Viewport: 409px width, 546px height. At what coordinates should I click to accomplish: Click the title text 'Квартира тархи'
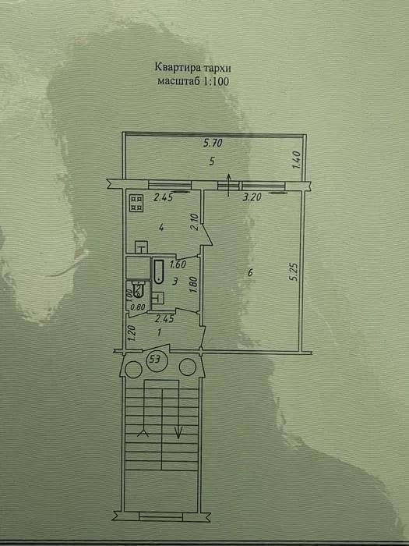[192, 67]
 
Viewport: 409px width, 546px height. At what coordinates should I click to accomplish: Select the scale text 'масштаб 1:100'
[193, 81]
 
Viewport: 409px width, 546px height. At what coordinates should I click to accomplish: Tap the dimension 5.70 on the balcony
[213, 143]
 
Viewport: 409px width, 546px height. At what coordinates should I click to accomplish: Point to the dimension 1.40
[296, 160]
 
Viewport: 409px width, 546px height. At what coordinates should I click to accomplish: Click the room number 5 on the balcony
[212, 161]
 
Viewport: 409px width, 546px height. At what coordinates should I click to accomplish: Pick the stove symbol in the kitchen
[136, 204]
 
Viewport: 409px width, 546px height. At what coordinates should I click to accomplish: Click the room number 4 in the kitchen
[160, 228]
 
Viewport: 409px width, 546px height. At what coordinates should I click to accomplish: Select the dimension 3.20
[252, 197]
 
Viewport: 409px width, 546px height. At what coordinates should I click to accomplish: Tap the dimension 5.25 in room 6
[294, 271]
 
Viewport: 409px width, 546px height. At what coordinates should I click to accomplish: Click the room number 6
[250, 272]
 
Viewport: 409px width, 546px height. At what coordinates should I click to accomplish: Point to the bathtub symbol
[158, 271]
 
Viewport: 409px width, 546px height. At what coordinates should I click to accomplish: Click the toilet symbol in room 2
[138, 289]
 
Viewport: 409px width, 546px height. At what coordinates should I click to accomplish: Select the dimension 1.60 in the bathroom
[178, 264]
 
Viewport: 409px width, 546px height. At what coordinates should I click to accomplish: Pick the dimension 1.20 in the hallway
[132, 333]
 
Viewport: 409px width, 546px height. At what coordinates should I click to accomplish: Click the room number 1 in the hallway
[159, 332]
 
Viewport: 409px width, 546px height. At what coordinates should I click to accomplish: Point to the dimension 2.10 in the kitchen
[195, 222]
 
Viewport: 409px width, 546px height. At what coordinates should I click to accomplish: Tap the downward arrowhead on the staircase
[178, 433]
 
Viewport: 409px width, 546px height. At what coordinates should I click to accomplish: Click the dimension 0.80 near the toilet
[138, 307]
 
